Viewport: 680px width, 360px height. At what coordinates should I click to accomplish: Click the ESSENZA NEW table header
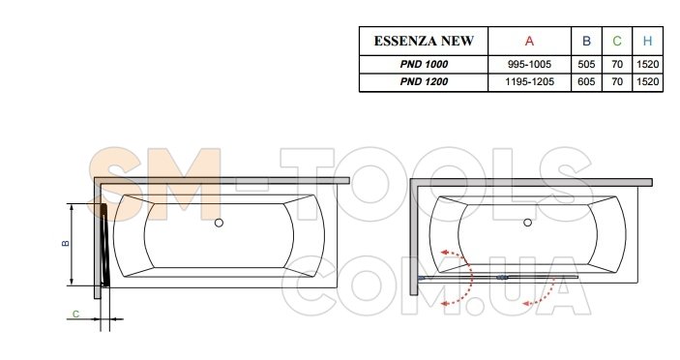coord(424,41)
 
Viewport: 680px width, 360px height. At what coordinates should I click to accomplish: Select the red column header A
coord(529,42)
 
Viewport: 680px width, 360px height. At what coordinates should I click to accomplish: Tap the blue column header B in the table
coord(586,42)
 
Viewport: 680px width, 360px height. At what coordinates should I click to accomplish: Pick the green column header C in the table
coord(617,42)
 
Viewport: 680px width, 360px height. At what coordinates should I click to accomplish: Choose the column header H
coord(647,42)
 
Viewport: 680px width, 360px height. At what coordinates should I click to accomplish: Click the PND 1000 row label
coord(424,64)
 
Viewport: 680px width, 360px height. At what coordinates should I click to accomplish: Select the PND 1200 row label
coord(424,81)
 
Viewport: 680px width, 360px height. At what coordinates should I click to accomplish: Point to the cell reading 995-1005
coord(529,64)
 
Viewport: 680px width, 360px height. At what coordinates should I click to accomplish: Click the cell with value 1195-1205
coord(529,81)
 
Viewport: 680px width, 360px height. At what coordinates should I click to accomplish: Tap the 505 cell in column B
coord(586,64)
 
